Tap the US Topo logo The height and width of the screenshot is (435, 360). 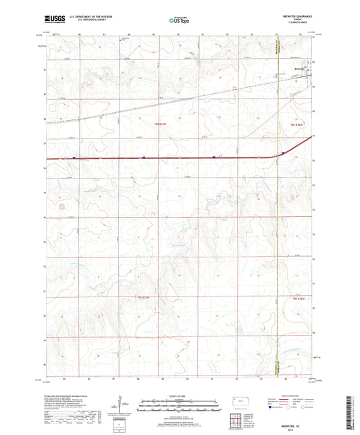point(180,21)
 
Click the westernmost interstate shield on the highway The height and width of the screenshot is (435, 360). point(74,158)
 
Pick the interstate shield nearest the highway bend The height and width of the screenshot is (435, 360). point(284,153)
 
